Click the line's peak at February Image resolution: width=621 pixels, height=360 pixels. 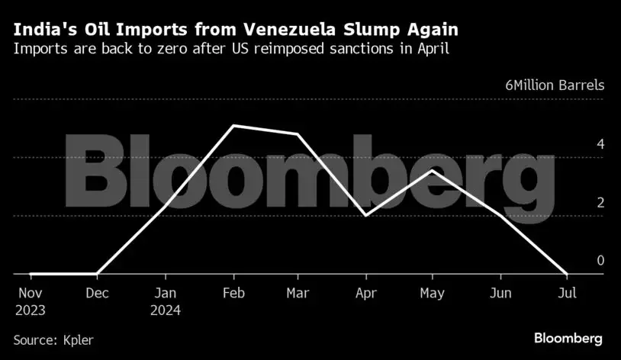coord(232,125)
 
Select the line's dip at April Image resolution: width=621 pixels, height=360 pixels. coord(365,216)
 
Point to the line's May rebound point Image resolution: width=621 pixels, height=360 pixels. coord(433,170)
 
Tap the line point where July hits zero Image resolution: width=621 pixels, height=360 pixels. coord(566,273)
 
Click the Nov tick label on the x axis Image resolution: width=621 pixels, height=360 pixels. coord(30,292)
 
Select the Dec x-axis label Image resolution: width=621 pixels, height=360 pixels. coord(96,292)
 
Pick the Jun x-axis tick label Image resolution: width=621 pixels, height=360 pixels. coord(500,292)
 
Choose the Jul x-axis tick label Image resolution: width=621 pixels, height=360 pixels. coord(566,292)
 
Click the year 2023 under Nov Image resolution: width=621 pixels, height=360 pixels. coord(31,310)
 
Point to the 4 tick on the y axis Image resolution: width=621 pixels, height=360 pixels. coord(600,144)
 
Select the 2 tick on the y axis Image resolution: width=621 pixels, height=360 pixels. coord(600,202)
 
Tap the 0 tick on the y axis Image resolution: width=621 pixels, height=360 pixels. coord(600,260)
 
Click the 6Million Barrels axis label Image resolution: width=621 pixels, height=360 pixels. coord(554,85)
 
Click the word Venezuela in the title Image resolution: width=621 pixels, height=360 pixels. coord(285,31)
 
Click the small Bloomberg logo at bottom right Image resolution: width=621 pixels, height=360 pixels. coord(568,337)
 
